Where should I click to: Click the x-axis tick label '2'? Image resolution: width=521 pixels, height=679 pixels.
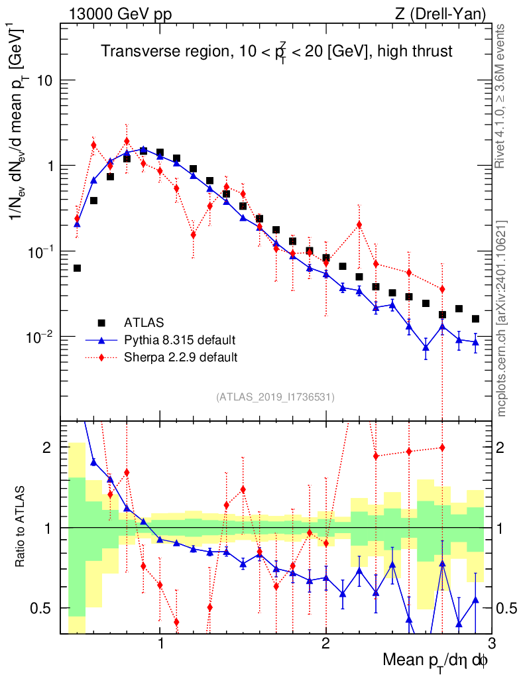click(325, 644)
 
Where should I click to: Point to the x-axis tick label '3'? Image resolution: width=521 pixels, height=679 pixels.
click(491, 644)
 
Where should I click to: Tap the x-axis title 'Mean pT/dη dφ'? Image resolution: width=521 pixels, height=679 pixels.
click(437, 661)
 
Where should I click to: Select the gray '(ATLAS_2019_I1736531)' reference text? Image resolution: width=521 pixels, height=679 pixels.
click(275, 397)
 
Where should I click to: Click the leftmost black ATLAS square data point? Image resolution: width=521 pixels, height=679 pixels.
click(77, 268)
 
